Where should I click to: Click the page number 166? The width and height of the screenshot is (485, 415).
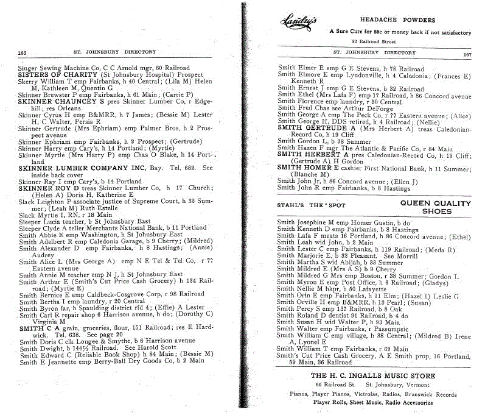point(23,52)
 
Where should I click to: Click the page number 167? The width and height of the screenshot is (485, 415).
point(467,54)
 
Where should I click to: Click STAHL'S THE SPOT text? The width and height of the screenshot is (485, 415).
point(311,205)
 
